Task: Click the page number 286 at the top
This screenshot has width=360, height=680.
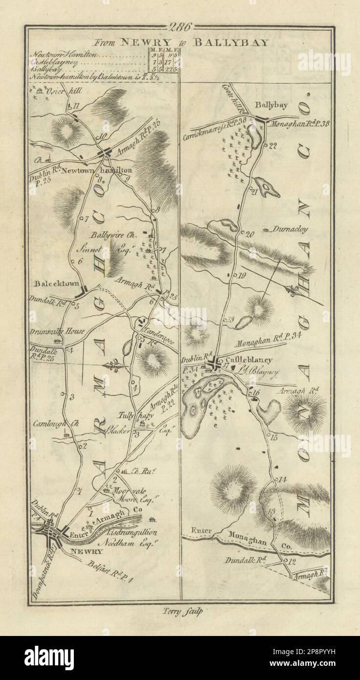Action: point(180,26)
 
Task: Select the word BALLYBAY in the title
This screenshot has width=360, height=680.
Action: point(230,42)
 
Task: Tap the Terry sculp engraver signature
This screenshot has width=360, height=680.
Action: point(180,610)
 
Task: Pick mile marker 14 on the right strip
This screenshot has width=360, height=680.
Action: point(282,479)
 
